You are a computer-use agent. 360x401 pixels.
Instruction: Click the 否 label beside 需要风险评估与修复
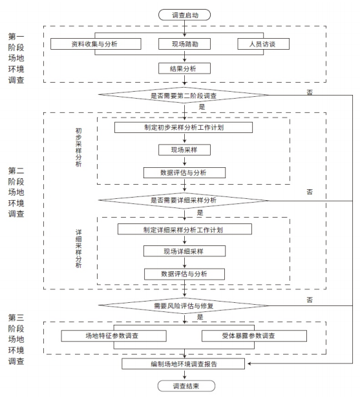(x=309, y=299)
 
